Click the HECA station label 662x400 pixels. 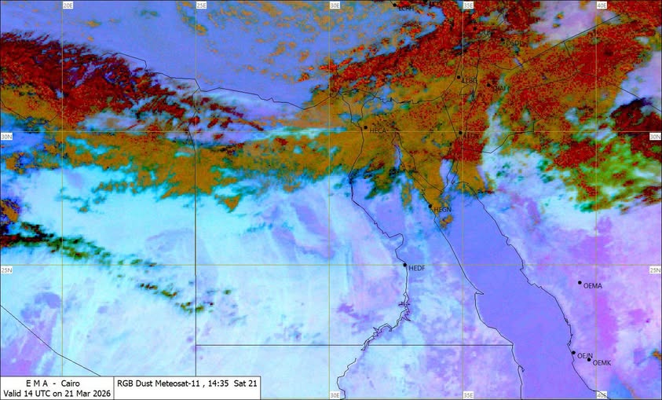point(379,129)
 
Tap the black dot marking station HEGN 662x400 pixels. point(430,207)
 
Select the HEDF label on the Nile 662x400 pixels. point(417,268)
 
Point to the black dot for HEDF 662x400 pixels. point(405,265)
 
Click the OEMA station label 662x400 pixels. point(593,286)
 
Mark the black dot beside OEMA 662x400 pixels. point(580,283)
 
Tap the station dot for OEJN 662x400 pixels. point(573,353)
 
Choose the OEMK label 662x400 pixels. point(602,363)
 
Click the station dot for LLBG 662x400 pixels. point(459,77)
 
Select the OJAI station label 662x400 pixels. point(499,88)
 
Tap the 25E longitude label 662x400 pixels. point(201,6)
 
